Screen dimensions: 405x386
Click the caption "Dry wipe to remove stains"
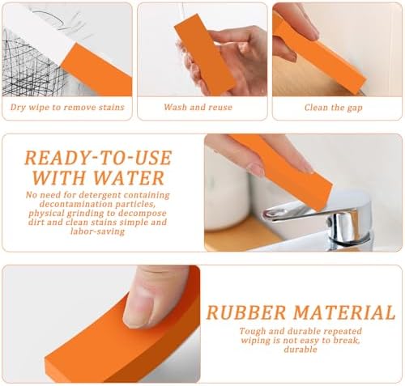click(x=67, y=107)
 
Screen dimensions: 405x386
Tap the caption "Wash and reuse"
click(x=198, y=107)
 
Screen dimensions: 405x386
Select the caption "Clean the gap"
click(x=334, y=108)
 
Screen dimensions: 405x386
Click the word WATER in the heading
click(x=129, y=178)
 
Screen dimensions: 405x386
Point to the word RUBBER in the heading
click(x=246, y=312)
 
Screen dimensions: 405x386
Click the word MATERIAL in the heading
click(x=344, y=312)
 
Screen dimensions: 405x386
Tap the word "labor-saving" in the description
click(x=97, y=231)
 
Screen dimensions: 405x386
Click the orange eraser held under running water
click(x=204, y=54)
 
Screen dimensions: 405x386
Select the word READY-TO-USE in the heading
click(x=98, y=158)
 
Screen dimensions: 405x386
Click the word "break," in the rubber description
click(x=347, y=340)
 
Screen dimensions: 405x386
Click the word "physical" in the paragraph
click(x=46, y=213)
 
